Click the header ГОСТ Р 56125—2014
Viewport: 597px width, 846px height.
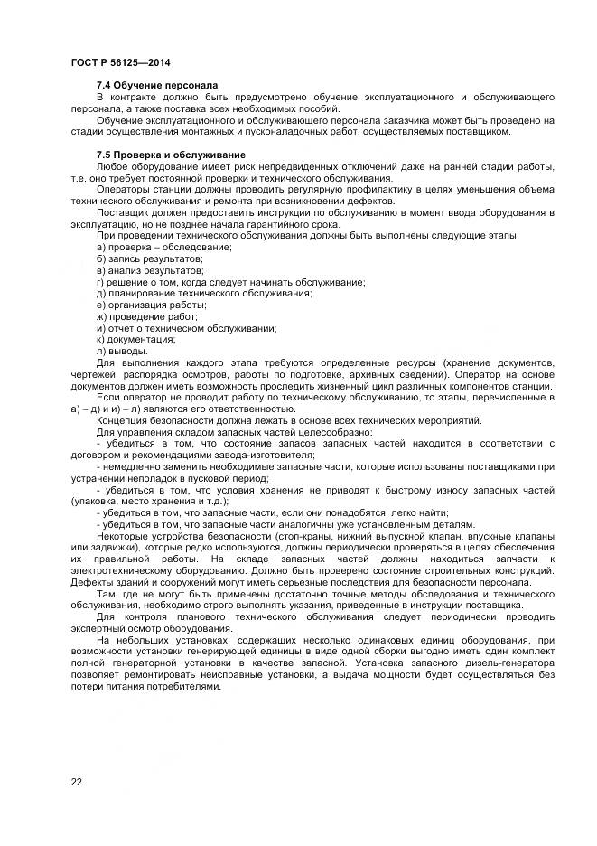pyautogui.click(x=120, y=62)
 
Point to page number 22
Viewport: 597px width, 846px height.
pyautogui.click(x=77, y=782)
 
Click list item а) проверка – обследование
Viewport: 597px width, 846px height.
pyautogui.click(x=163, y=247)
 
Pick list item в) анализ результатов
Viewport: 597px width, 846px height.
pyautogui.click(x=149, y=270)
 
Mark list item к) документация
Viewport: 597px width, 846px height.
pyautogui.click(x=135, y=340)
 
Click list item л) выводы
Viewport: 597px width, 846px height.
pyautogui.click(x=121, y=352)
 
